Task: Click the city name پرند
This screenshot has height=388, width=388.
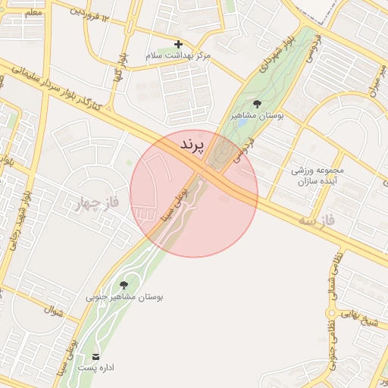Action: click(x=193, y=145)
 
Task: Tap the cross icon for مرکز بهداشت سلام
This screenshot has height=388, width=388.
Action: click(x=178, y=44)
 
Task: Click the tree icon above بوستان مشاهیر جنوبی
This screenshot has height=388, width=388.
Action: click(x=124, y=285)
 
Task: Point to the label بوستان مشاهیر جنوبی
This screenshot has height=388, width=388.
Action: click(x=124, y=298)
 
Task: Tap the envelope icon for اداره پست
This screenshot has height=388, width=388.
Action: click(x=96, y=355)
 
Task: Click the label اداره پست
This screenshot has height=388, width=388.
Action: click(x=96, y=368)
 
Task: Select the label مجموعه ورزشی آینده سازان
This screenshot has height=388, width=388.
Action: click(x=318, y=176)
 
